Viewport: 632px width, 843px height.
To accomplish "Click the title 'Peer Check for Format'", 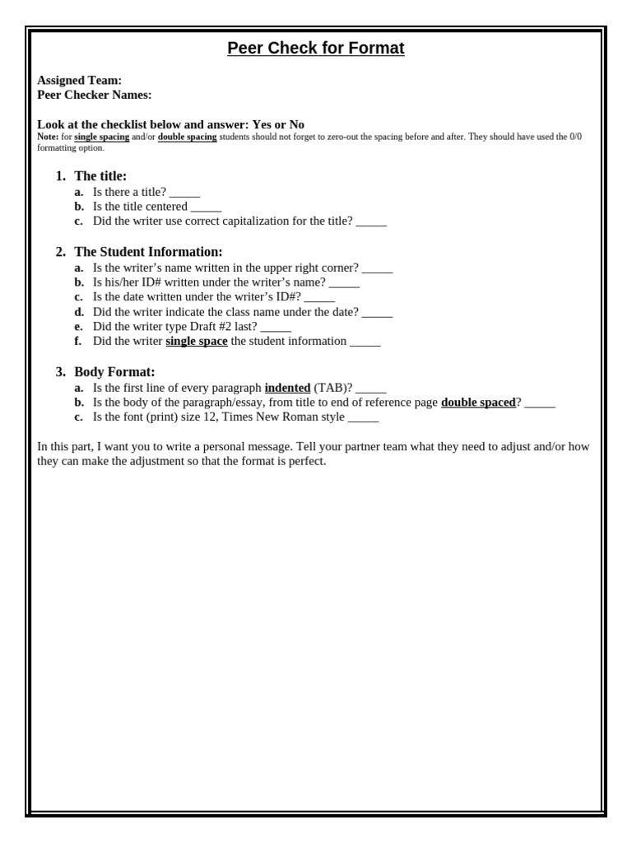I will [x=316, y=49].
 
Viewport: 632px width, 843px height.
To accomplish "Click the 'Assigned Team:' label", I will [x=79, y=81].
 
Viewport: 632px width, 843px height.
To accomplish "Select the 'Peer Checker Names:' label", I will [x=95, y=95].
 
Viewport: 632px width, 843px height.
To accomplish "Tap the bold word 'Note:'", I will [x=48, y=137].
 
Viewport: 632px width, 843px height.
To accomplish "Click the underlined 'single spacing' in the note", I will [x=101, y=137].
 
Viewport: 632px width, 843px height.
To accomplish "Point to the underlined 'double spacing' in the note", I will [x=187, y=137].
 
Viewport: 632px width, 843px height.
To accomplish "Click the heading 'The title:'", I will [x=100, y=176].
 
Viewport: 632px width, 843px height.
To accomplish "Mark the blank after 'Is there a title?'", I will [x=184, y=193].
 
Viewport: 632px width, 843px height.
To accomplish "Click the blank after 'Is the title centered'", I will [x=206, y=207].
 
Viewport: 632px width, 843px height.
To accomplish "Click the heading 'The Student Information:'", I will [x=148, y=252].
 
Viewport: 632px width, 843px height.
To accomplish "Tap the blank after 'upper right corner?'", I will [x=377, y=268].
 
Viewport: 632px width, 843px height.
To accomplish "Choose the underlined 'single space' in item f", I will [x=197, y=341].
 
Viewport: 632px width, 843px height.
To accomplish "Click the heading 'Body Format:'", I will [x=114, y=372].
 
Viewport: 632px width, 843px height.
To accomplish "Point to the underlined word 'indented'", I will [x=287, y=388].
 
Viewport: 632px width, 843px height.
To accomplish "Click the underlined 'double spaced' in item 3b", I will [x=478, y=403].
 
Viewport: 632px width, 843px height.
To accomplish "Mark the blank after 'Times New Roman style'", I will [x=363, y=417].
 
